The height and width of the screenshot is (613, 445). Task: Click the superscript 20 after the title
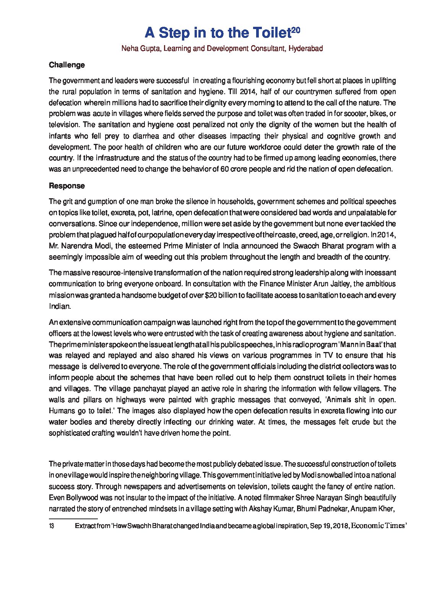point(296,29)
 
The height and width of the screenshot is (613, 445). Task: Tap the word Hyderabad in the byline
point(306,49)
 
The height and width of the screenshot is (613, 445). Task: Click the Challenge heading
point(67,65)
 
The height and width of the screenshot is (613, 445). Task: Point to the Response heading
point(67,186)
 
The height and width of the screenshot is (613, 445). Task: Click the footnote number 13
point(51,526)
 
